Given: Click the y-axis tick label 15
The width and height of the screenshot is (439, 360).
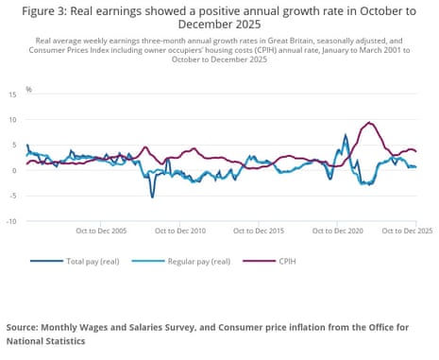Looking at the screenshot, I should coord(12,94).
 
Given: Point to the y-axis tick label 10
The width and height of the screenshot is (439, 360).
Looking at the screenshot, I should coord(12,120).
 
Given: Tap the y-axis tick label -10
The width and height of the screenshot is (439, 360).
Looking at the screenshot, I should coord(11,221).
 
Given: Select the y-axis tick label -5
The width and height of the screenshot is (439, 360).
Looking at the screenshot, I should coord(12,196).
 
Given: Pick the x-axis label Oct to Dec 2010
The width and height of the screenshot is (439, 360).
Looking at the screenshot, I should coord(181,231).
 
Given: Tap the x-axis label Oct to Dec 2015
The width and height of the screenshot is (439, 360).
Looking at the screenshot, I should coord(260,231).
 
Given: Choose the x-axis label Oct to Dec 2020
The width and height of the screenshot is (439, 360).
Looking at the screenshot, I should coord(338,231).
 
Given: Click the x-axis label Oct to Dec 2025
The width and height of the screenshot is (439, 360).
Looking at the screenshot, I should coord(406,231).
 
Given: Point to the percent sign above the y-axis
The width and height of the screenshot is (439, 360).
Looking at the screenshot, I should coord(28,89).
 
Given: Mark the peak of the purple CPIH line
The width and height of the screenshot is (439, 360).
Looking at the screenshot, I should coord(370,123).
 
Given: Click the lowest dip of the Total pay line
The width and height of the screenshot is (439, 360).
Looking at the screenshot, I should coord(152,197).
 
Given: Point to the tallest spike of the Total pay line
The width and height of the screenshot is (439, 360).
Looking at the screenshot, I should coord(346,136).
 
